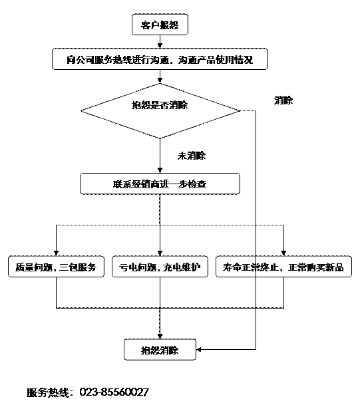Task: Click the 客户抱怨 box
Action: pyautogui.click(x=160, y=25)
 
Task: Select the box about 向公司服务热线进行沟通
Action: pyautogui.click(x=160, y=59)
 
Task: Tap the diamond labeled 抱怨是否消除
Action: pyautogui.click(x=160, y=111)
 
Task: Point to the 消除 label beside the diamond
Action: pyautogui.click(x=283, y=100)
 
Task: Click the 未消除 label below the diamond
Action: pyautogui.click(x=191, y=156)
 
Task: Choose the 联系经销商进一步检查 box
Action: pyautogui.click(x=160, y=184)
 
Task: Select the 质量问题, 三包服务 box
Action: pyautogui.click(x=56, y=267)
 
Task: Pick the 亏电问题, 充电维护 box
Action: pyautogui.click(x=160, y=267)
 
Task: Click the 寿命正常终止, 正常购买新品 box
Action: pyautogui.click(x=283, y=267)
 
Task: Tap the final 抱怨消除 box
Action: pyautogui.click(x=160, y=350)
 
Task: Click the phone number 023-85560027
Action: pyautogui.click(x=114, y=392)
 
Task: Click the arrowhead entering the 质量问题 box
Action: pyautogui.click(x=56, y=253)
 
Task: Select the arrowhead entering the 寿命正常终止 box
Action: pyautogui.click(x=283, y=253)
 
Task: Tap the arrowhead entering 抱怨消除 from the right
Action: pyautogui.click(x=199, y=350)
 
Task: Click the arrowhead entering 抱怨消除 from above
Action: pyautogui.click(x=160, y=336)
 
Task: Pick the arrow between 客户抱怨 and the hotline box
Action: pyautogui.click(x=160, y=42)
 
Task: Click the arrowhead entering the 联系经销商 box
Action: pyautogui.click(x=160, y=170)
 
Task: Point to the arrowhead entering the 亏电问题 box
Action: pyautogui.click(x=160, y=253)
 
